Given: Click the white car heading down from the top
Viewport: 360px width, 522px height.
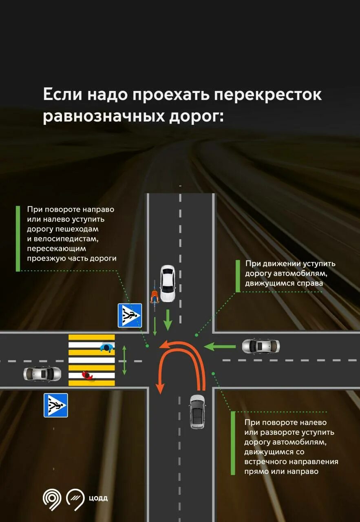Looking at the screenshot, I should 168,283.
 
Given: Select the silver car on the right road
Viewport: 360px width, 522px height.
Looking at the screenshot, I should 261,346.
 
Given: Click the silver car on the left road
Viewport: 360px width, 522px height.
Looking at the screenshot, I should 42,374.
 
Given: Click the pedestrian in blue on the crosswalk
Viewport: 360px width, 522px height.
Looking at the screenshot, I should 107,348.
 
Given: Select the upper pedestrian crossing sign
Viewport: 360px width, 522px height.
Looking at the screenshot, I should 130,315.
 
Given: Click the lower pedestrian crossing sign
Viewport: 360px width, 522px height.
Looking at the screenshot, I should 56,405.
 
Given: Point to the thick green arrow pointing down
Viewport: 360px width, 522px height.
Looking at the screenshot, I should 168,321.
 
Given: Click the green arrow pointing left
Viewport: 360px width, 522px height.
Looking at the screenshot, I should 220,347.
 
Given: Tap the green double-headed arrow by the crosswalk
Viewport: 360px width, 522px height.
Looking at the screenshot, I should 124,360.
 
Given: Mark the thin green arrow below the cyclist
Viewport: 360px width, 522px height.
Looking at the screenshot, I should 155,326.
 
